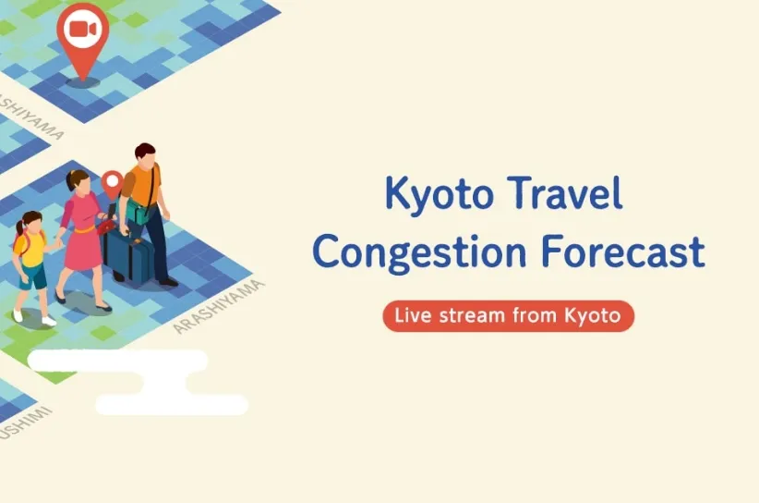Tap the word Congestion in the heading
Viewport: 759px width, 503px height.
[419, 252]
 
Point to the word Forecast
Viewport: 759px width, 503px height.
[623, 251]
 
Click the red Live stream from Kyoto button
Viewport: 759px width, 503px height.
[508, 316]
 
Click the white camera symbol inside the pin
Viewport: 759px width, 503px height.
[83, 29]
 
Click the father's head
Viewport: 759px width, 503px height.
[145, 155]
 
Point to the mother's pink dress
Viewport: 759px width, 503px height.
[82, 233]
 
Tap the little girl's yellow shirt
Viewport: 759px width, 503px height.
[30, 249]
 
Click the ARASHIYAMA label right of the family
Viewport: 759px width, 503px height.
[219, 307]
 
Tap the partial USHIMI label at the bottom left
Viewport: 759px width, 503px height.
[25, 423]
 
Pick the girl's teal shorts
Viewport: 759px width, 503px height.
[32, 276]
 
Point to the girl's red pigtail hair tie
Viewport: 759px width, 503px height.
[19, 225]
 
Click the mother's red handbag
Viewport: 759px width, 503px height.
[106, 227]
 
